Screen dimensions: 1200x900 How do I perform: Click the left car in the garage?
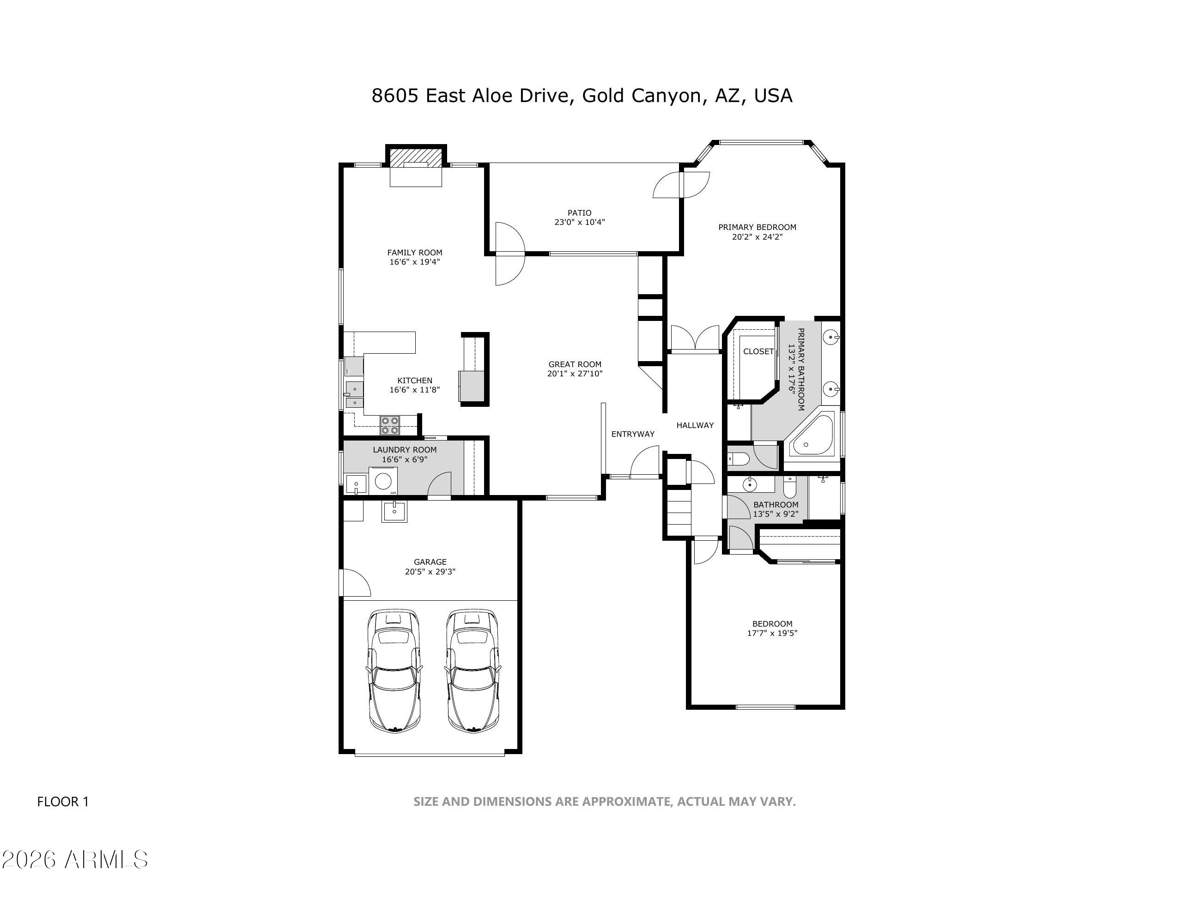coord(394,671)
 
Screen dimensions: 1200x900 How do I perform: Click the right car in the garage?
coord(473,671)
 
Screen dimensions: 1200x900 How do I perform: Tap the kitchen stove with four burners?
coord(390,425)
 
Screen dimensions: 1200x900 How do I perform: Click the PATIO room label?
coord(579,213)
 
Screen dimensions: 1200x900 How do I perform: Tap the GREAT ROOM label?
coord(575,364)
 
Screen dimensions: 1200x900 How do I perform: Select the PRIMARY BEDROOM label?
coord(758,227)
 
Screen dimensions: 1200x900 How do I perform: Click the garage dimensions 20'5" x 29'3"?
coord(430,571)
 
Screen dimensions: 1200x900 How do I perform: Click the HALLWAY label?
coord(695,425)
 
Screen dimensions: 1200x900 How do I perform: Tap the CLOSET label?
coord(758,351)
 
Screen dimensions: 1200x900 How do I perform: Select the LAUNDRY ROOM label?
coord(405,449)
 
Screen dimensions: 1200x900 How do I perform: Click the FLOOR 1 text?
coord(63,801)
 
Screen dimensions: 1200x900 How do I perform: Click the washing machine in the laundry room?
coord(383,481)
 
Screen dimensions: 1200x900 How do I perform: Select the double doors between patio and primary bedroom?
coord(681,184)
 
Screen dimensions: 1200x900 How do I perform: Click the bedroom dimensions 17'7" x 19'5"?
coord(772,633)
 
